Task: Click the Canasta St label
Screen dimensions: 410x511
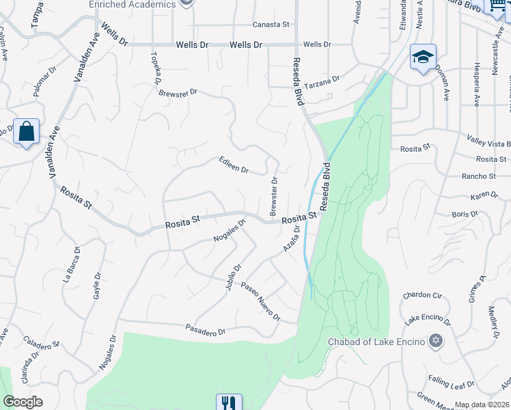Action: pyautogui.click(x=271, y=25)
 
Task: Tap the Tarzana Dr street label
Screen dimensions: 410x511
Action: pyautogui.click(x=321, y=81)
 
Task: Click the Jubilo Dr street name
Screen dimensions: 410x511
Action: pyautogui.click(x=233, y=277)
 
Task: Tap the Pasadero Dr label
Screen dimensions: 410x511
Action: pyautogui.click(x=206, y=331)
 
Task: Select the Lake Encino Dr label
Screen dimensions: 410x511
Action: pyautogui.click(x=428, y=320)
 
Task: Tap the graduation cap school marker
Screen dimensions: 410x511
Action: pyautogui.click(x=423, y=57)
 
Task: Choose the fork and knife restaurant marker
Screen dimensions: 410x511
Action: pyautogui.click(x=229, y=403)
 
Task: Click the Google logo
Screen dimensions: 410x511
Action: pyautogui.click(x=23, y=402)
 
